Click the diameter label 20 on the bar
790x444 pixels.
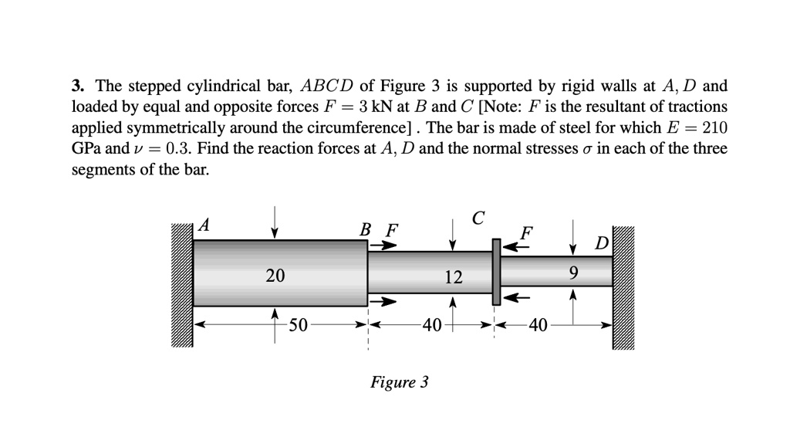275,275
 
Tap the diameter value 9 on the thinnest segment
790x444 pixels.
572,273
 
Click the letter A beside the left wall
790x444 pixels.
204,225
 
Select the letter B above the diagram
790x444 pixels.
366,229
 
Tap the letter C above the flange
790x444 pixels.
478,218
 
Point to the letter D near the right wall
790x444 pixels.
602,246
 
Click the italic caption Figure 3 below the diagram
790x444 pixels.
399,382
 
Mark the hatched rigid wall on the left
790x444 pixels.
182,286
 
